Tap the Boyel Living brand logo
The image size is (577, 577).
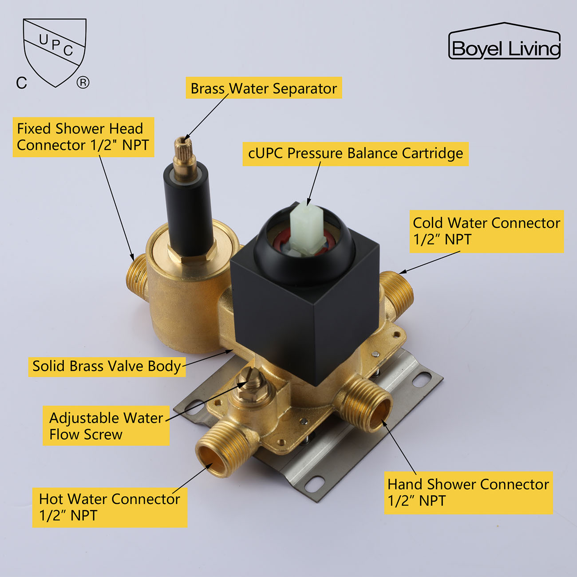coord(504,41)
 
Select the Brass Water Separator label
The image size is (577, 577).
coord(264,88)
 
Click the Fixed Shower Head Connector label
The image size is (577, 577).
coord(83,137)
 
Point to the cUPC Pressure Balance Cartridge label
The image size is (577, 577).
coord(356,154)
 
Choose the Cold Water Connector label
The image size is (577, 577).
coord(486,231)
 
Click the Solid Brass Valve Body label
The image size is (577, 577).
coord(107,367)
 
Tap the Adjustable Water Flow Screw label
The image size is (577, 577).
coord(106,426)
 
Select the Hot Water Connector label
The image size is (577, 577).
coord(110,508)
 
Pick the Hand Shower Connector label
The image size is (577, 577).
coord(468,493)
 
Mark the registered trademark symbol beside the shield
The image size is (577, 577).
coord(83,83)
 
